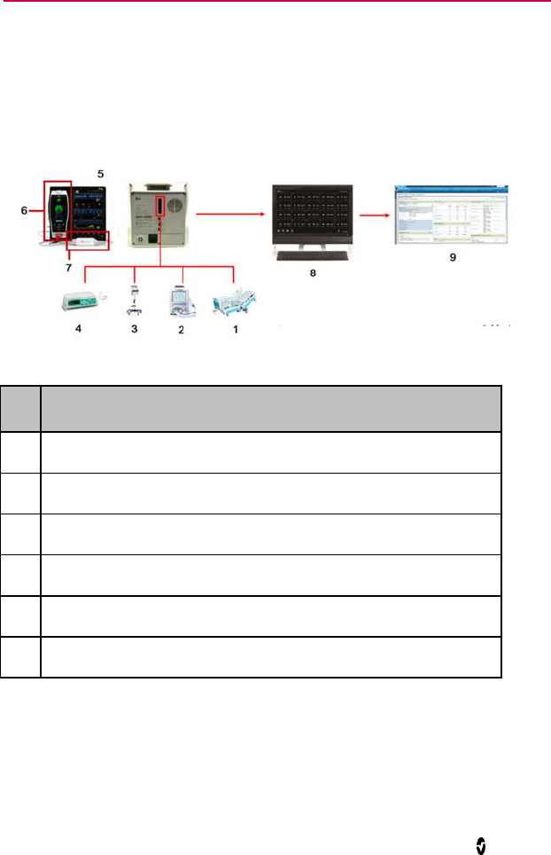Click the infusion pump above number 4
tap(76, 303)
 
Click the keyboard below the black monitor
tap(312, 257)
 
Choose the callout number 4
tap(76, 328)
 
